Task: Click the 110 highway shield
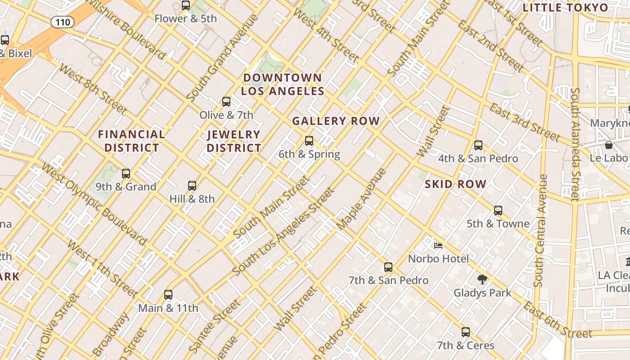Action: [62, 22]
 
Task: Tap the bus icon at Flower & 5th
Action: [186, 5]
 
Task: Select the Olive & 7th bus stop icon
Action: [226, 102]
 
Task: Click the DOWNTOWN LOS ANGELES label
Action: [283, 85]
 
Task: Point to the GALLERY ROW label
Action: [336, 121]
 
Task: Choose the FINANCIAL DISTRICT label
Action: [131, 141]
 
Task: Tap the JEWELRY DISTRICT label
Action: [234, 141]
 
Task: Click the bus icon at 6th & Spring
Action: [309, 141]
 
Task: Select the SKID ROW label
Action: [455, 184]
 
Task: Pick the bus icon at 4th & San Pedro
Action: [478, 145]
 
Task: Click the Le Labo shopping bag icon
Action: [608, 145]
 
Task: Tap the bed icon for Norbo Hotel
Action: [438, 246]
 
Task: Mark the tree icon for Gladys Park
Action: [482, 279]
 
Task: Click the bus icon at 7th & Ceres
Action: [466, 332]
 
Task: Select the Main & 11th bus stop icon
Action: [168, 295]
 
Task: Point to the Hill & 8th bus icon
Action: [192, 185]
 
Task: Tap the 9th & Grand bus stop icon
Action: [126, 173]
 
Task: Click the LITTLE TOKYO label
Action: [565, 8]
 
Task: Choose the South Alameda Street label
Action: [575, 144]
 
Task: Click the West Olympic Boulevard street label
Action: [94, 204]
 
